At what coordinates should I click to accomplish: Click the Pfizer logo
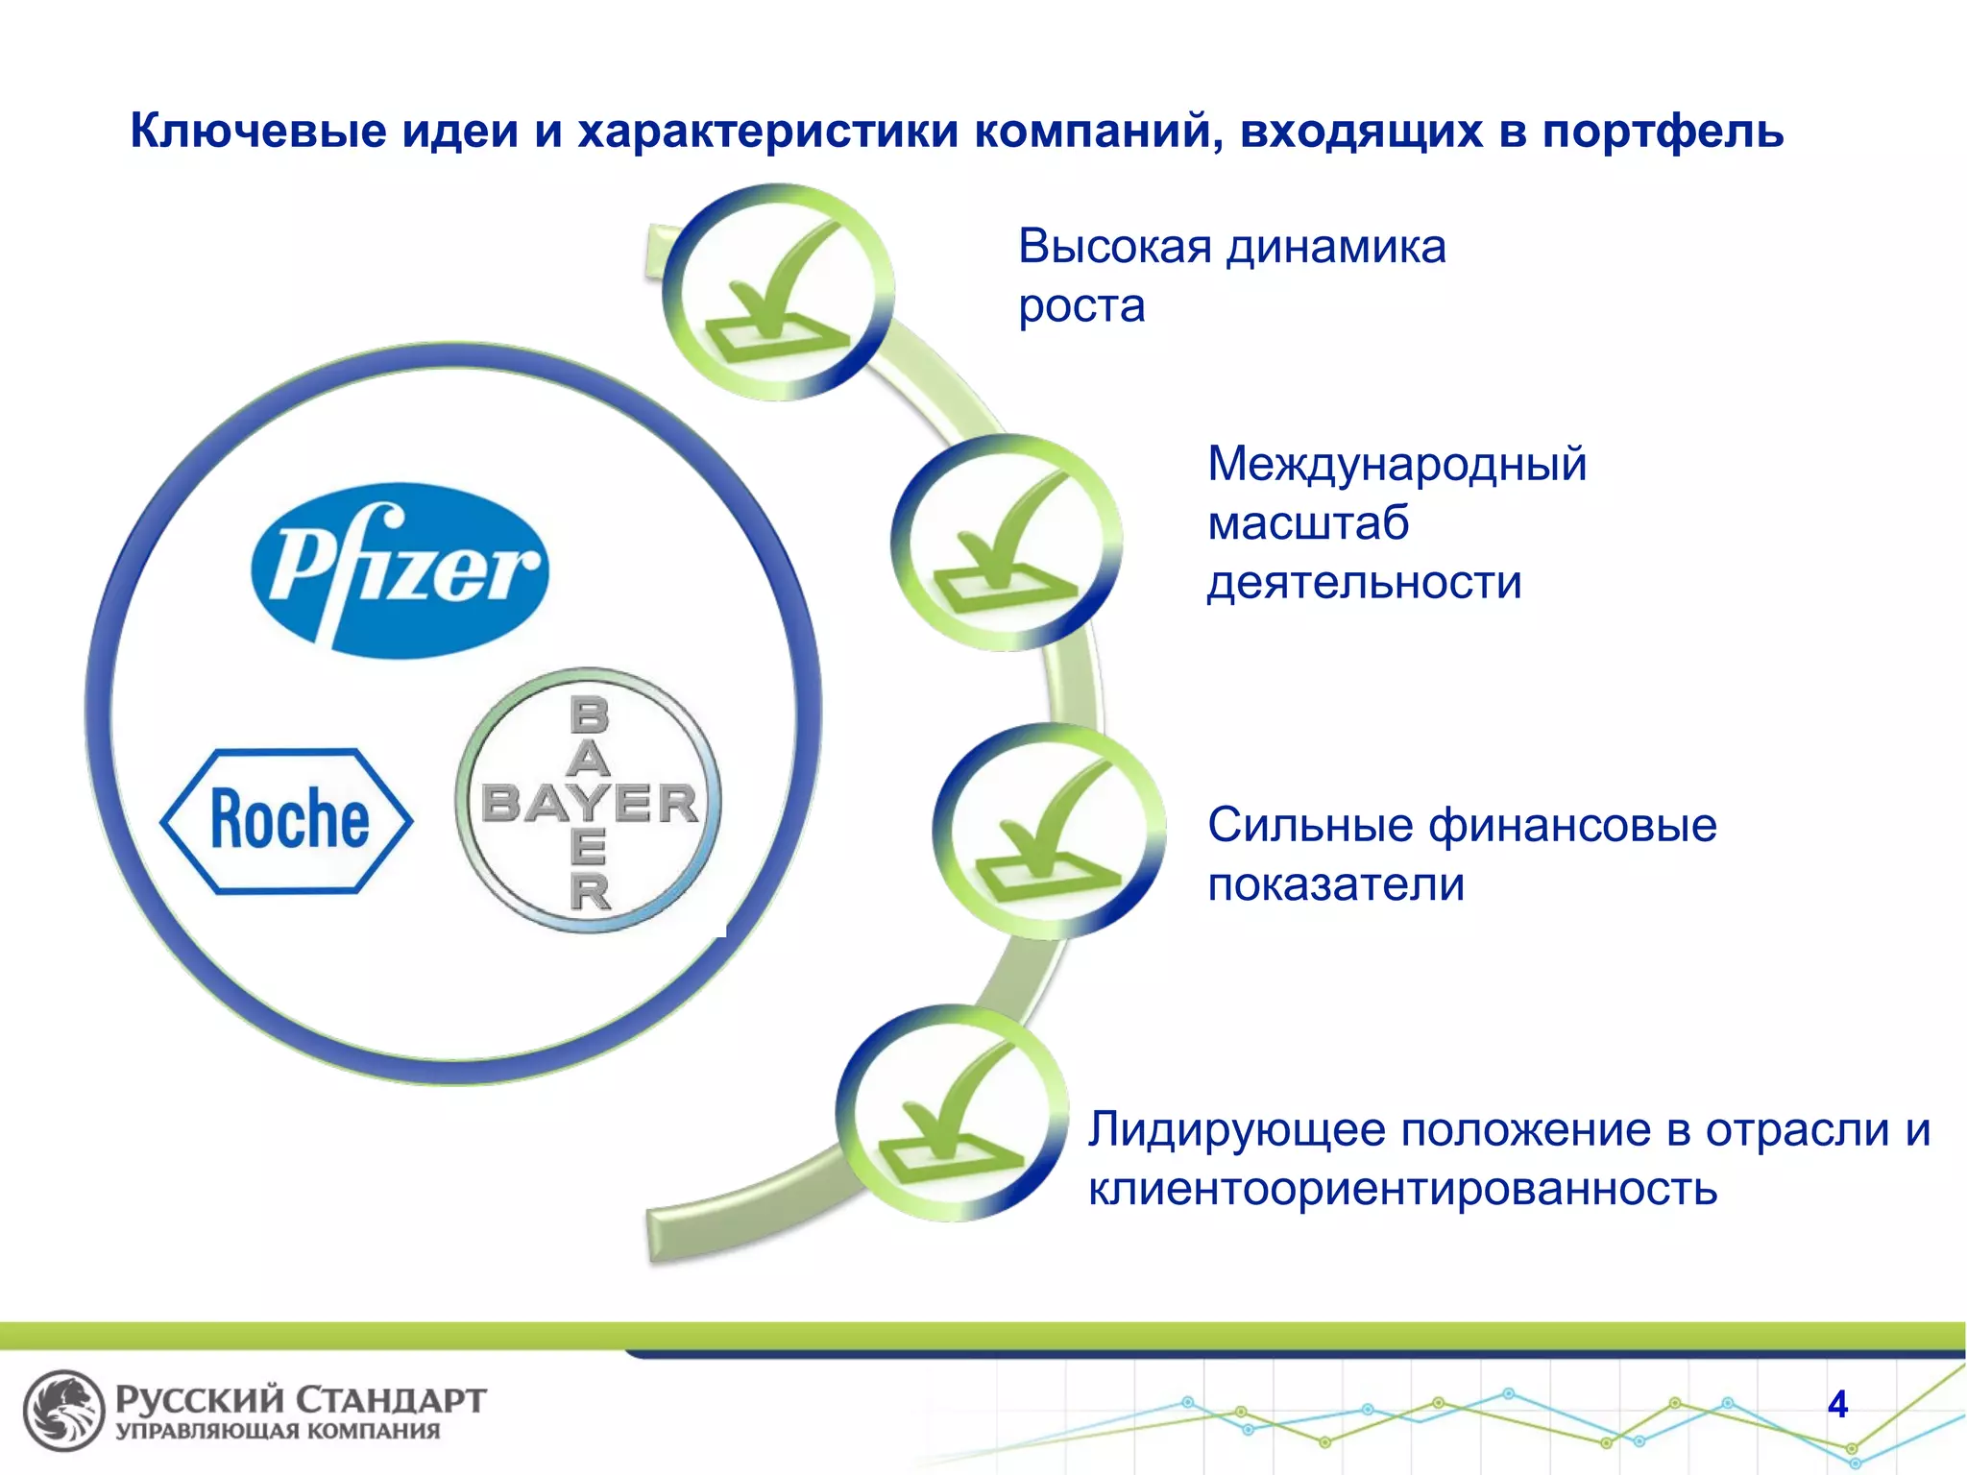point(400,570)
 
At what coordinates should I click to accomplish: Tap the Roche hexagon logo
point(286,821)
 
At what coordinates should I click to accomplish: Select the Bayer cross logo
point(588,802)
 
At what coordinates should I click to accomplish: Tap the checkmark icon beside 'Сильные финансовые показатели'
point(1049,832)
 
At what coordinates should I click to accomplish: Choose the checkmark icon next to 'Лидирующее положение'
point(952,1114)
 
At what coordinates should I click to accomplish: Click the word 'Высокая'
point(1114,247)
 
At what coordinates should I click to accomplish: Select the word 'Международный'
point(1396,464)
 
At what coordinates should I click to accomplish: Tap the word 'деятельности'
point(1364,583)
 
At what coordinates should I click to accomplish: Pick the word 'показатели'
point(1336,884)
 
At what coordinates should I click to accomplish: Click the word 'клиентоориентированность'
point(1402,1190)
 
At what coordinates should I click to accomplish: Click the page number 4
point(1837,1405)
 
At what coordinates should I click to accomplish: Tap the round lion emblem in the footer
point(63,1410)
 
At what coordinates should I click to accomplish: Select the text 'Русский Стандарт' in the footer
point(301,1399)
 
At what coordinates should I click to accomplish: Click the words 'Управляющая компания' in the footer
point(278,1432)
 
